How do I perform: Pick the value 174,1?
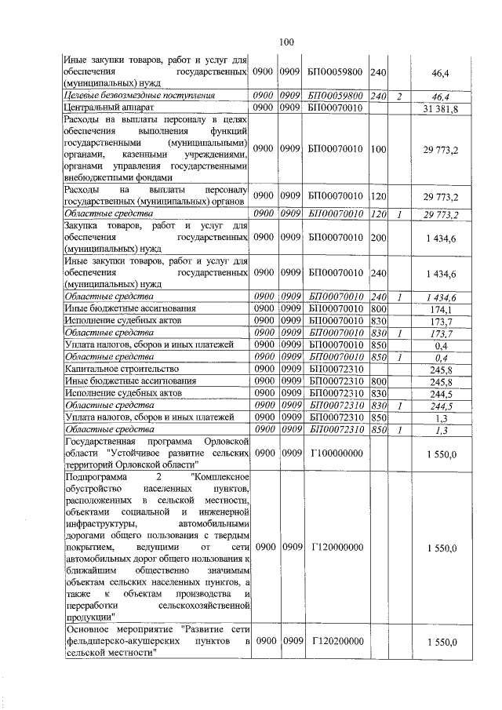tap(445, 309)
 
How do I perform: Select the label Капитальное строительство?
tap(122, 368)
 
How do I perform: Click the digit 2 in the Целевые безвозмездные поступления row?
tap(399, 96)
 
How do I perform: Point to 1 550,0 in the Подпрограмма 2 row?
tap(441, 548)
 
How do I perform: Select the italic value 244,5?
tap(445, 404)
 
